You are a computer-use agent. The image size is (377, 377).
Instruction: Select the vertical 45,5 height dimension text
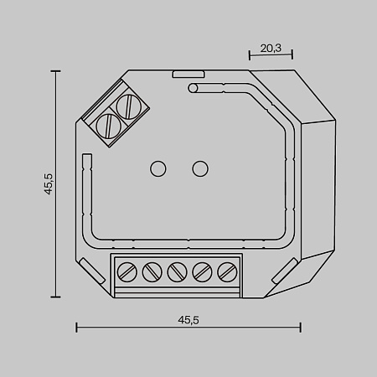tap(49, 183)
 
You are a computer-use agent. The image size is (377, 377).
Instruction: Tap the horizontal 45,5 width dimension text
tap(188, 319)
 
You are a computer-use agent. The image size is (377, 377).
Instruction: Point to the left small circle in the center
tap(157, 168)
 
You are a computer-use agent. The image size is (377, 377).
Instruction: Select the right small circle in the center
tap(199, 168)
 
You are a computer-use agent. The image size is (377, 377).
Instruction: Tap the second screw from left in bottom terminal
tap(152, 272)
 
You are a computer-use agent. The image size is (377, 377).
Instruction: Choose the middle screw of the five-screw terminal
tap(177, 272)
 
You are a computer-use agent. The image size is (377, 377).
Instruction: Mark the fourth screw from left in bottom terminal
tap(202, 272)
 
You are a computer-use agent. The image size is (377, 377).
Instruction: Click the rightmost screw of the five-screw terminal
tap(226, 272)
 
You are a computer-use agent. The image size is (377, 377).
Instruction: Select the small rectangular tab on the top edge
tap(183, 74)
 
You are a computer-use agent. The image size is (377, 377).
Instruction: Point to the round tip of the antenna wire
tap(193, 86)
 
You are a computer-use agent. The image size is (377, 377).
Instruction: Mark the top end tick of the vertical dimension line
tap(57, 72)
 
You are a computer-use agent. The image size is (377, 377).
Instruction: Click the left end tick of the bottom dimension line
tap(77, 328)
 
